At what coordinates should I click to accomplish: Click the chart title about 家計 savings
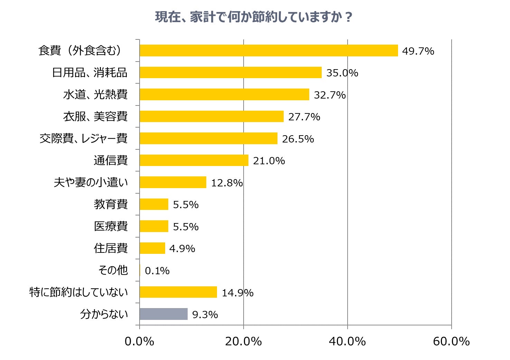pyautogui.click(x=254, y=17)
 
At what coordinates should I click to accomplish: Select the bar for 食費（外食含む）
pyautogui.click(x=268, y=50)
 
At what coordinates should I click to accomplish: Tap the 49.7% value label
pyautogui.click(x=418, y=51)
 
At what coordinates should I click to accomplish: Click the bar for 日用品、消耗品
pyautogui.click(x=230, y=73)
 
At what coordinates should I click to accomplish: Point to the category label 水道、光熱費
pyautogui.click(x=95, y=94)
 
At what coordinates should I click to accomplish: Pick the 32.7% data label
pyautogui.click(x=329, y=95)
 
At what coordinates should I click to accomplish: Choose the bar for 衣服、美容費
pyautogui.click(x=211, y=117)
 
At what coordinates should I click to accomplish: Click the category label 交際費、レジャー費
pyautogui.click(x=83, y=138)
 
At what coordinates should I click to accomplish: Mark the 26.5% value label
pyautogui.click(x=298, y=139)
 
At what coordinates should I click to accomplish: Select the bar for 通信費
pyautogui.click(x=194, y=160)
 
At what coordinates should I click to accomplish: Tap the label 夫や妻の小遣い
pyautogui.click(x=91, y=182)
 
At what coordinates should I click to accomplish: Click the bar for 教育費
pyautogui.click(x=154, y=204)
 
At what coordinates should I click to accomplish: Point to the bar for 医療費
pyautogui.click(x=154, y=226)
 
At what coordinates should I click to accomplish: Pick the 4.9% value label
pyautogui.click(x=182, y=249)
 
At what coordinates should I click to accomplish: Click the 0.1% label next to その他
pyautogui.click(x=157, y=271)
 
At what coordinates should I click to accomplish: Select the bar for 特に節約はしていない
pyautogui.click(x=178, y=292)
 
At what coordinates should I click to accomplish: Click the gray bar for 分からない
pyautogui.click(x=163, y=314)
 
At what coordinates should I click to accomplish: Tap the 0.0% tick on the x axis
pyautogui.click(x=139, y=341)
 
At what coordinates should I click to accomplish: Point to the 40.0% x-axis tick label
pyautogui.click(x=347, y=341)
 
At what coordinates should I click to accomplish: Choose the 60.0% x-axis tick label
pyautogui.click(x=451, y=341)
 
